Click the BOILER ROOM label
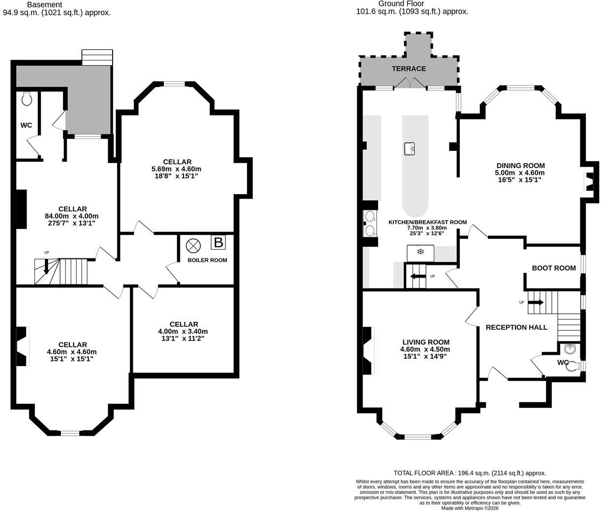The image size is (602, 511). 207,260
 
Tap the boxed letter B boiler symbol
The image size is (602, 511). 218,242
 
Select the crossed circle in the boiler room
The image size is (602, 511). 193,246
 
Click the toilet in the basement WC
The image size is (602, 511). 27,99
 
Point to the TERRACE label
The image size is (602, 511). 409,69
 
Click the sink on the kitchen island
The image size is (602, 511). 410,149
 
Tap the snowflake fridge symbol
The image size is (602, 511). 420,252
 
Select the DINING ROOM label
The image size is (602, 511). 520,166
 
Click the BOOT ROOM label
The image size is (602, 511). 554,268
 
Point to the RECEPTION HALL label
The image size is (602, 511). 516,327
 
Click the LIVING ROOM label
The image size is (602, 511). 426,342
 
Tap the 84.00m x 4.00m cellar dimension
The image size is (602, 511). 72,216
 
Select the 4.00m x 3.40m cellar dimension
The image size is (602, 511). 183,332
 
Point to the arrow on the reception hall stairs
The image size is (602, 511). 536,302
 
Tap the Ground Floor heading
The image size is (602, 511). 401,4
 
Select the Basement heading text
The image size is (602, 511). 45,4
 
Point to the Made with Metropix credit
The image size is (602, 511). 470,508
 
